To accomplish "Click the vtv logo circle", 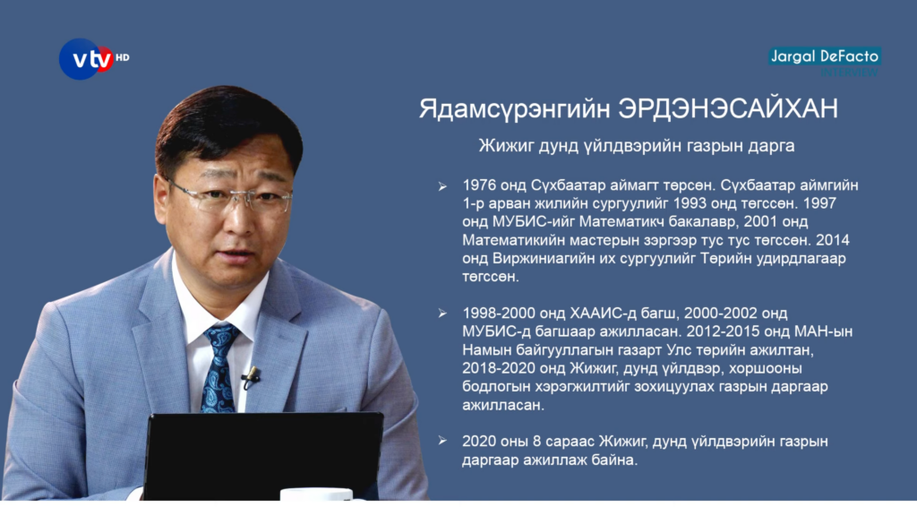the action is coord(84,59).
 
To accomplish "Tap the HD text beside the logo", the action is coord(122,57).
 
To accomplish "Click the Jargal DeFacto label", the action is coord(825,56).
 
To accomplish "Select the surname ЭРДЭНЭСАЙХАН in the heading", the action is coord(728,108).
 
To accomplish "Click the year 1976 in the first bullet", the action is coord(479,185).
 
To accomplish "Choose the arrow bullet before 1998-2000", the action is coord(442,314).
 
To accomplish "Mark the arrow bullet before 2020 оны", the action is coord(442,441).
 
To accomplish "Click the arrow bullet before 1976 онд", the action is coord(442,186).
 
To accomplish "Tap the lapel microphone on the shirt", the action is coord(252,376).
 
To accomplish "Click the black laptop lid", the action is coord(262,455).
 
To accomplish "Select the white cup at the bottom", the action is coord(316,494).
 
